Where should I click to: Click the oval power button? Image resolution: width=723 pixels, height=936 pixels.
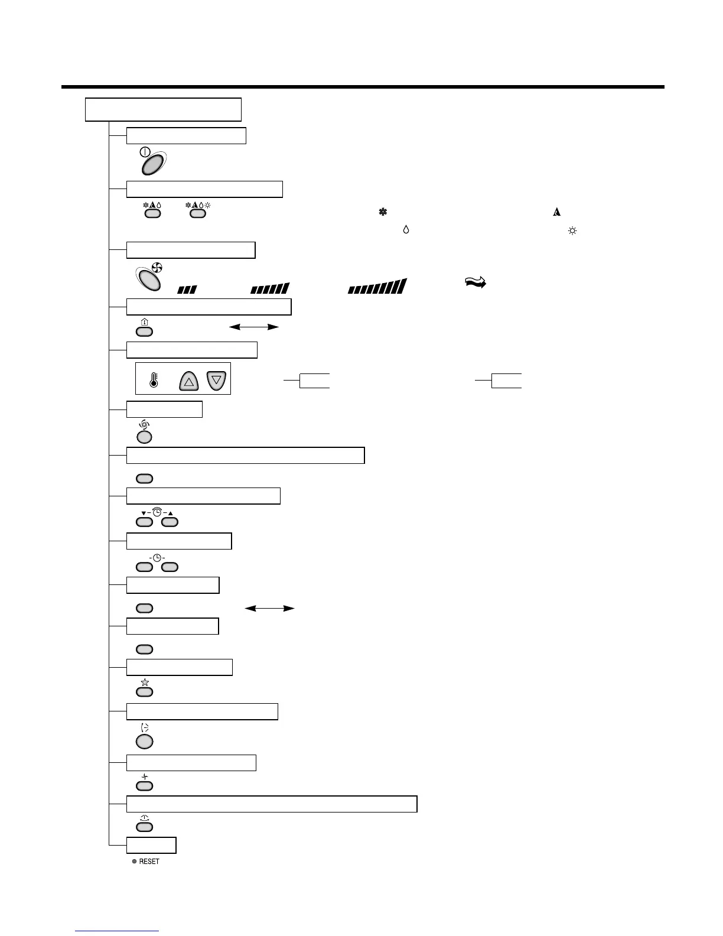(152, 161)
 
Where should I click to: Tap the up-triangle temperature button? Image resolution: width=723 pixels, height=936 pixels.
(189, 381)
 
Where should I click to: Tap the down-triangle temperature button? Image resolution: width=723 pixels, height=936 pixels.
(216, 380)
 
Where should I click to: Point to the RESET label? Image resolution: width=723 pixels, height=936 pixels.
(149, 862)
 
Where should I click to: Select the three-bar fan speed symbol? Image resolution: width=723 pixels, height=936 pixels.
(187, 290)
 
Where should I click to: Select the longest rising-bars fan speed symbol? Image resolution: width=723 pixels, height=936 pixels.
(377, 287)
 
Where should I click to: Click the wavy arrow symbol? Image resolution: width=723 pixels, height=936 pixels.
(475, 283)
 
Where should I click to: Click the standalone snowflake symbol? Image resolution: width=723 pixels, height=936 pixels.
(382, 212)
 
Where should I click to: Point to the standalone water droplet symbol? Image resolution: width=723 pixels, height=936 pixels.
(406, 230)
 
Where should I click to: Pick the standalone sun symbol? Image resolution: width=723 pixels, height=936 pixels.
(571, 230)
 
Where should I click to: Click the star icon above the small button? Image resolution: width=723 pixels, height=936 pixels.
(145, 682)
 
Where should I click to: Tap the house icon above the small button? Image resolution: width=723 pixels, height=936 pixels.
(145, 323)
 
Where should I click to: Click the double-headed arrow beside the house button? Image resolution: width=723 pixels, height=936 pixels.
(254, 326)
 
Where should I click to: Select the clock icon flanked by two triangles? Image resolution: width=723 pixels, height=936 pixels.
(157, 512)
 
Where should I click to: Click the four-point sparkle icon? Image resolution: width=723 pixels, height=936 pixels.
(145, 777)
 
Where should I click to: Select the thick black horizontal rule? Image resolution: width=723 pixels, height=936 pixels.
(363, 87)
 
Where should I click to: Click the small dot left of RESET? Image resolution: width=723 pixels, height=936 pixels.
(134, 862)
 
